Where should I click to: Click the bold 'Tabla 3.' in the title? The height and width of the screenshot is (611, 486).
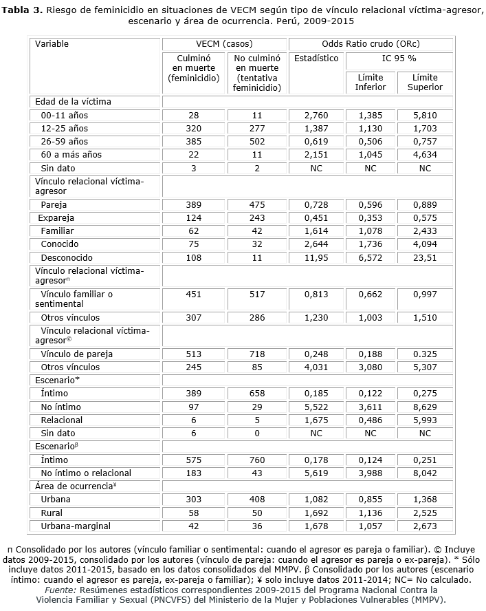click(x=24, y=9)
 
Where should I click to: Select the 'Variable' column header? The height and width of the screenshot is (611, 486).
click(x=52, y=44)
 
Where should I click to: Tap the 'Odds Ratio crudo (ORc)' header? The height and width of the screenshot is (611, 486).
click(x=371, y=44)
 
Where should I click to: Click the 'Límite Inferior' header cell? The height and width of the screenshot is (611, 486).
click(x=370, y=83)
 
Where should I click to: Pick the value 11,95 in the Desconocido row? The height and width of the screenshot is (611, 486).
click(x=316, y=257)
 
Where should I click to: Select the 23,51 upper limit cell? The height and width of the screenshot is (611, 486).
click(x=425, y=257)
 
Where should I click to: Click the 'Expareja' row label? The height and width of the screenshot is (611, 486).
click(x=56, y=217)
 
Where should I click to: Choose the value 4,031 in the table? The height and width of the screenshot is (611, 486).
click(x=316, y=367)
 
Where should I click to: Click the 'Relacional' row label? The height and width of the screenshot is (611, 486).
click(x=61, y=420)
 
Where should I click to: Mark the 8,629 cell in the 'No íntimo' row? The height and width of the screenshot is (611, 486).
click(x=425, y=407)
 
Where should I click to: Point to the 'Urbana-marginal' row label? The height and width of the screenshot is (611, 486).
click(x=73, y=526)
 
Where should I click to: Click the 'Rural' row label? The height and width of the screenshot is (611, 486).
click(x=52, y=513)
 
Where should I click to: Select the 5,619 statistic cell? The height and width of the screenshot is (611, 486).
click(x=316, y=473)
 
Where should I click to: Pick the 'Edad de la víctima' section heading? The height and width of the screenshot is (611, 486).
click(x=73, y=101)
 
